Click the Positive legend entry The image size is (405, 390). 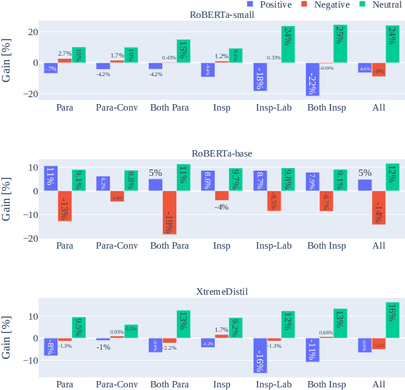[267, 5]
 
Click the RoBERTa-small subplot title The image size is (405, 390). [221, 15]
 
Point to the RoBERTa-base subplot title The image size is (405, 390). [221, 153]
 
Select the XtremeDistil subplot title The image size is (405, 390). [221, 292]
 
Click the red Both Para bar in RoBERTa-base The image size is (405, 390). [169, 212]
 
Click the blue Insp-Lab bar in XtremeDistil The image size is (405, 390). [260, 355]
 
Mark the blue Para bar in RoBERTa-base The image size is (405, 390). [50, 178]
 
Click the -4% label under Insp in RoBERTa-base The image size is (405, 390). [222, 207]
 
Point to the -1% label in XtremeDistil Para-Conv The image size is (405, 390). [103, 347]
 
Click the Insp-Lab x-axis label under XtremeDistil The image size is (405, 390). [274, 384]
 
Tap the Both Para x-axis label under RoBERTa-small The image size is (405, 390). [169, 107]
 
